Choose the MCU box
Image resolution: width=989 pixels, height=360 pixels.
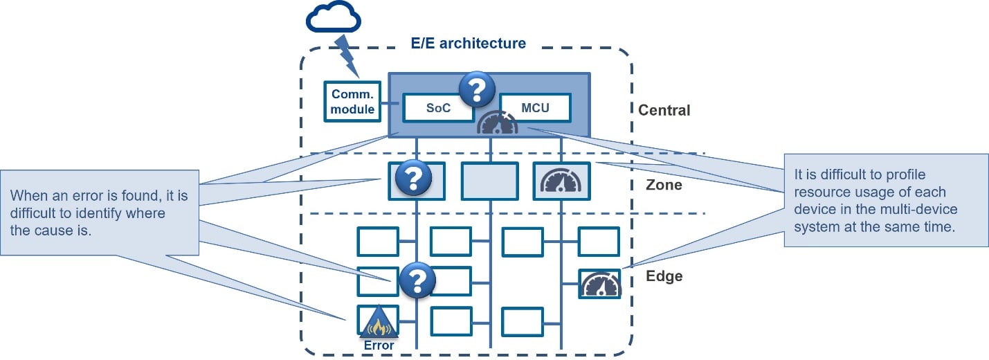pyautogui.click(x=535, y=108)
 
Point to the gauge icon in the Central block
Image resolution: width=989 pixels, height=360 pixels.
pyautogui.click(x=498, y=123)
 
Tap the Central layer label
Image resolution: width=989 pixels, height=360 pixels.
pyautogui.click(x=664, y=110)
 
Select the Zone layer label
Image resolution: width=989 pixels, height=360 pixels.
pyautogui.click(x=664, y=186)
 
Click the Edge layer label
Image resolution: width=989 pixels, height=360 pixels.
pyautogui.click(x=664, y=276)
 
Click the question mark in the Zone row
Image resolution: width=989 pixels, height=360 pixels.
pyautogui.click(x=413, y=179)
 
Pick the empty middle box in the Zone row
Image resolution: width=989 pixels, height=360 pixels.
pyautogui.click(x=489, y=181)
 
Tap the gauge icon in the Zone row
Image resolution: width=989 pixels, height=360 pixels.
pyautogui.click(x=561, y=181)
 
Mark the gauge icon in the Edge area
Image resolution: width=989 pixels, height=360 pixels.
pyautogui.click(x=599, y=285)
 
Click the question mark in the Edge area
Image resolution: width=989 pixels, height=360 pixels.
pyautogui.click(x=417, y=280)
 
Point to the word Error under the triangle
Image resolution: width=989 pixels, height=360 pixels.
pyautogui.click(x=378, y=345)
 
